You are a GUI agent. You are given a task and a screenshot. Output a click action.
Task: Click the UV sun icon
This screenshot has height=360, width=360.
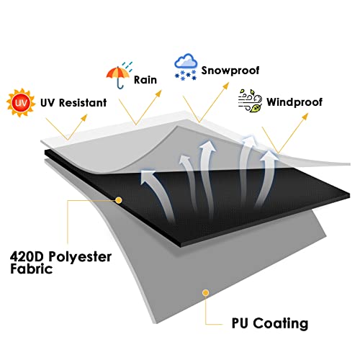tap(20, 103)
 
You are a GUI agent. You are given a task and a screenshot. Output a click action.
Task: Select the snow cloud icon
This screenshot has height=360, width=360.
tap(186, 67)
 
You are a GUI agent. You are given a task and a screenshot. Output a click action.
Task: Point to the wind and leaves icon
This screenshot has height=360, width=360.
tap(250, 101)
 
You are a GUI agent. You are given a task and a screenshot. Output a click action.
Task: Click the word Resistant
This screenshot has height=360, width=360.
tap(83, 103)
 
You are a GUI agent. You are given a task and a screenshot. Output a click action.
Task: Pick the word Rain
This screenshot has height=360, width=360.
tap(145, 80)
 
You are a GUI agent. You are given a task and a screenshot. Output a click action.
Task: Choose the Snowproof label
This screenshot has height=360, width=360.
tap(230, 71)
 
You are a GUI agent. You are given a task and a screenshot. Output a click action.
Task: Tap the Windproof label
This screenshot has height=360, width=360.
tap(294, 102)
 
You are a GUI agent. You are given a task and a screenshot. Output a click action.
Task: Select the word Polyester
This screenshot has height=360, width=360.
tap(80, 257)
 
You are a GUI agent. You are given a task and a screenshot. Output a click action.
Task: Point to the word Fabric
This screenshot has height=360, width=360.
tap(31, 269)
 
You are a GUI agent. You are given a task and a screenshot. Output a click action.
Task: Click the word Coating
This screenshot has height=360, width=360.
tap(281, 323)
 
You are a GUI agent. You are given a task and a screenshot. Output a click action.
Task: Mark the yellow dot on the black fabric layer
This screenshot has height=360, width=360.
tap(119, 200)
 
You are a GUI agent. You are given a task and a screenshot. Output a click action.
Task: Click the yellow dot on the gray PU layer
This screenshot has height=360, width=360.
tap(205, 293)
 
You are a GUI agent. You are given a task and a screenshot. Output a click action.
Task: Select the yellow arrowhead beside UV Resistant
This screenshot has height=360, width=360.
tap(84, 117)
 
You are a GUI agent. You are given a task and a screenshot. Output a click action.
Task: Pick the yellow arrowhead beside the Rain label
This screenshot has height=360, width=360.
tap(158, 93)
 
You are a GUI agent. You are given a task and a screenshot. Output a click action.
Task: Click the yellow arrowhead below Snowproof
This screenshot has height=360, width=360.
tap(226, 86)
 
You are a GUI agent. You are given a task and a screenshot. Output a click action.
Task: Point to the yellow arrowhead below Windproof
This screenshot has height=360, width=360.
tap(305, 117)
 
